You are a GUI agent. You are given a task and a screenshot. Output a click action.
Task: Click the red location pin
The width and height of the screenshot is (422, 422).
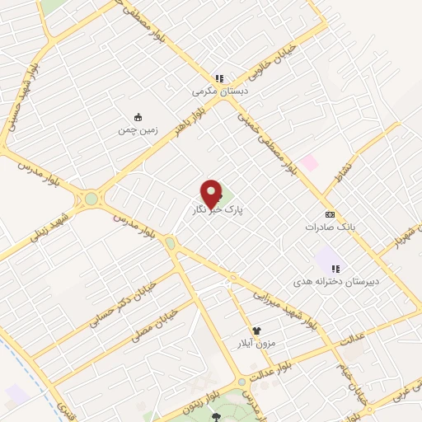point(212,193)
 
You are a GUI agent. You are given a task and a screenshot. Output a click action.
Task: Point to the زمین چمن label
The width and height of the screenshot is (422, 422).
point(137,129)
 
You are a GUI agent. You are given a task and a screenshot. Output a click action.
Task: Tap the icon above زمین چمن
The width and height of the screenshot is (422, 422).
point(138,116)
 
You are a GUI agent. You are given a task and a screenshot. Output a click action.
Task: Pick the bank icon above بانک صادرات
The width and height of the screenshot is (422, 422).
point(331,212)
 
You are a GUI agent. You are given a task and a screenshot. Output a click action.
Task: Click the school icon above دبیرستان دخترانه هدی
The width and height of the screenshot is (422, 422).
point(335,267)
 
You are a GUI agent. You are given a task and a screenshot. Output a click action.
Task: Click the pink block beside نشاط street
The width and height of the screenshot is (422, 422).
point(309,162)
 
